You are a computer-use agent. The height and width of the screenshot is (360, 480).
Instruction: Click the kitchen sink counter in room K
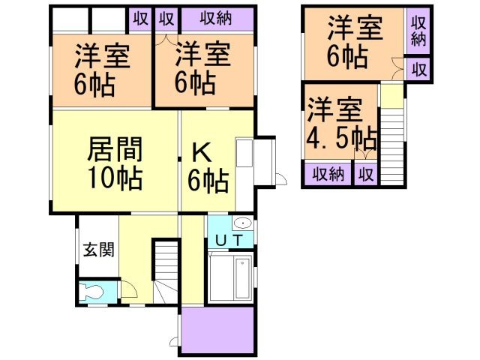244,154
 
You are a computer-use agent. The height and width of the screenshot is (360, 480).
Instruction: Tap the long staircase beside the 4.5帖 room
391,142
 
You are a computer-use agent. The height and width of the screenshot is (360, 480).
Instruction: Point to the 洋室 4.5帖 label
340,124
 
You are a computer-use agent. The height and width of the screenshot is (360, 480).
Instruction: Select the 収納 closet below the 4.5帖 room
328,175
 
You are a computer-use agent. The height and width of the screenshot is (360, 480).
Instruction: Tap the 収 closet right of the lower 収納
365,175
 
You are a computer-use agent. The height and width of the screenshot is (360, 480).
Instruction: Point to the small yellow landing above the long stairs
390,96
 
